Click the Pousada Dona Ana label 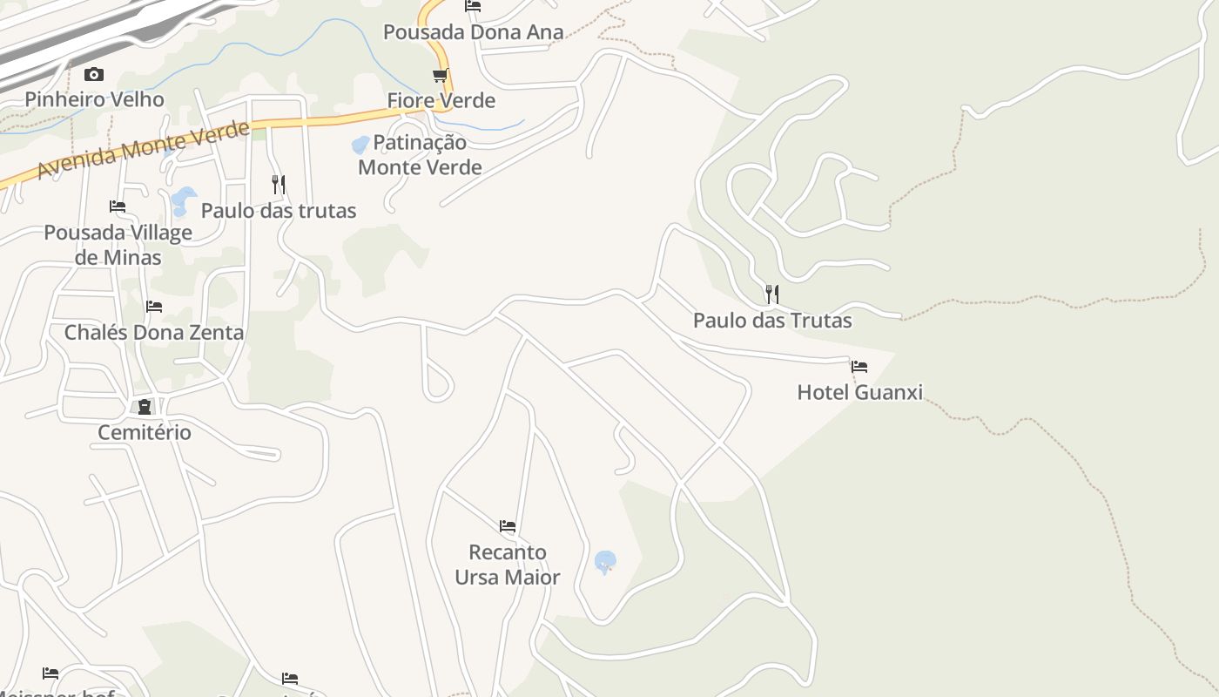[x=474, y=32]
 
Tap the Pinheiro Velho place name [x=94, y=99]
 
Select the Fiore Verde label [x=441, y=100]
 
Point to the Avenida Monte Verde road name [x=144, y=149]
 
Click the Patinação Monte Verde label [x=421, y=154]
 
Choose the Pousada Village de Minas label [x=118, y=245]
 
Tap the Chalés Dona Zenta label [x=154, y=332]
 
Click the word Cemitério [x=145, y=432]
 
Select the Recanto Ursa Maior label [x=508, y=565]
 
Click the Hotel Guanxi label [x=859, y=392]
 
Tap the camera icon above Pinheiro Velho [x=94, y=75]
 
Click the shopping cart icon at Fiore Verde [x=441, y=76]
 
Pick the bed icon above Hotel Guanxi [x=859, y=367]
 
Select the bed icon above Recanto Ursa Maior [x=508, y=526]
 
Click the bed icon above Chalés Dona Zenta [x=154, y=307]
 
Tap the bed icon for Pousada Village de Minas [x=118, y=206]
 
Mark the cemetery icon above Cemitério [x=145, y=407]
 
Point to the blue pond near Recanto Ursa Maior [x=605, y=561]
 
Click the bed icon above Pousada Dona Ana [x=473, y=6]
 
